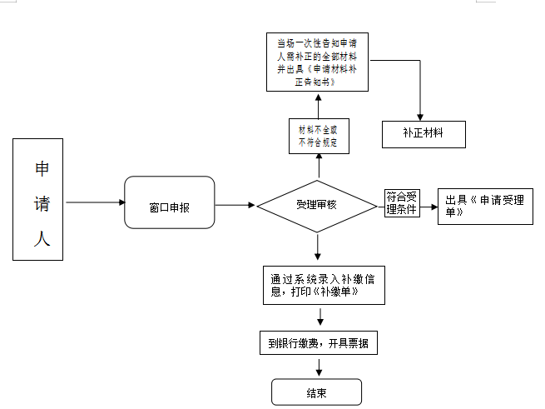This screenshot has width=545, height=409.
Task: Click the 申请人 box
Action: tap(38, 199)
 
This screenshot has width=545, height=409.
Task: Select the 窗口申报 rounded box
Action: tap(169, 202)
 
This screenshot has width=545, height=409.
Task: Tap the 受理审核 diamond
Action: tap(317, 204)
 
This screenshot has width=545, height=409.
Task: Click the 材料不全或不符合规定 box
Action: tap(318, 137)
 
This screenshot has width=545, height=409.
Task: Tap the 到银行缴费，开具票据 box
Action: tap(319, 343)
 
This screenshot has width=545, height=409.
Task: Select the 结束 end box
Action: tap(317, 392)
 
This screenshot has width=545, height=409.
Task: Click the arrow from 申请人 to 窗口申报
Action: tap(94, 202)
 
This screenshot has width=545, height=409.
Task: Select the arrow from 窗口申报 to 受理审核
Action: tap(235, 204)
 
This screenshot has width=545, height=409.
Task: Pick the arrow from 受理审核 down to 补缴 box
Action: tap(317, 247)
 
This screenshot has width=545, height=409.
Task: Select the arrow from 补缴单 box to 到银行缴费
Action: tap(320, 317)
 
